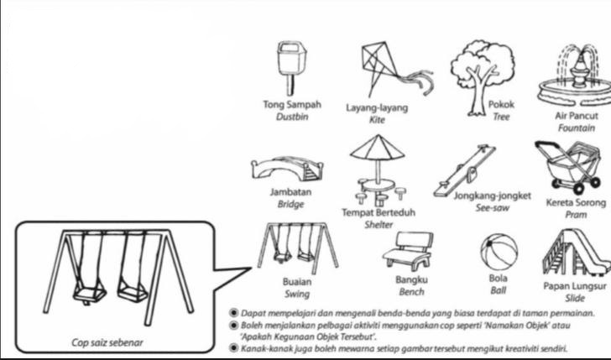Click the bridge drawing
coord(287,169)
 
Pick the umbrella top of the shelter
coord(377,148)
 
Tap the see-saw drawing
coord(464,170)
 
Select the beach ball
coord(499,252)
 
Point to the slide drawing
coord(577,252)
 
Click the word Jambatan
coord(290,192)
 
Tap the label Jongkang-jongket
coord(492,196)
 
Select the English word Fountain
coord(577,128)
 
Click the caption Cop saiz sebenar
coord(107,342)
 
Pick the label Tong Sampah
coord(292,104)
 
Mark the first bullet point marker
coord(233,313)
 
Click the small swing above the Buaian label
coord(297,248)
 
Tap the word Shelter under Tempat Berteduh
coord(379,225)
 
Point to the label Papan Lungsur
coord(575,286)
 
